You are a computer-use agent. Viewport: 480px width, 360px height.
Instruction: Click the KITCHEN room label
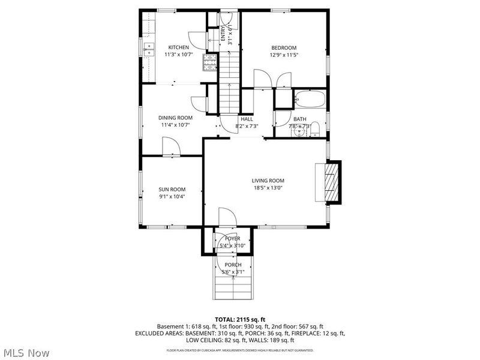[178, 47]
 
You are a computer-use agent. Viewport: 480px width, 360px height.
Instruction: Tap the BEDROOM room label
[284, 47]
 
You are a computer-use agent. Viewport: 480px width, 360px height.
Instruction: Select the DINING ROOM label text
[175, 118]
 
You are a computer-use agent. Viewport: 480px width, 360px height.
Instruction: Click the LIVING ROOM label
[268, 181]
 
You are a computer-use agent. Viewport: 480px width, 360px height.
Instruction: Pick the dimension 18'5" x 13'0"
[268, 188]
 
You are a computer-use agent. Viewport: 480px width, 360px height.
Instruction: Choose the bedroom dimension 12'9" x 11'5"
[284, 55]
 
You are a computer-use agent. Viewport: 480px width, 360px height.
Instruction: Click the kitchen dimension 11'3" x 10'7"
[178, 55]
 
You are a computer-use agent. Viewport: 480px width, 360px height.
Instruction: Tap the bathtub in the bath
[309, 99]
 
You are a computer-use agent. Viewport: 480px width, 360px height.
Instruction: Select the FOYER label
[232, 238]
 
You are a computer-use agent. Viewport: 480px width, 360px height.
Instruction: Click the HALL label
[247, 119]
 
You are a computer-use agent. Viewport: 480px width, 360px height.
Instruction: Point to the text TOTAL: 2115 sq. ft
[240, 319]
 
